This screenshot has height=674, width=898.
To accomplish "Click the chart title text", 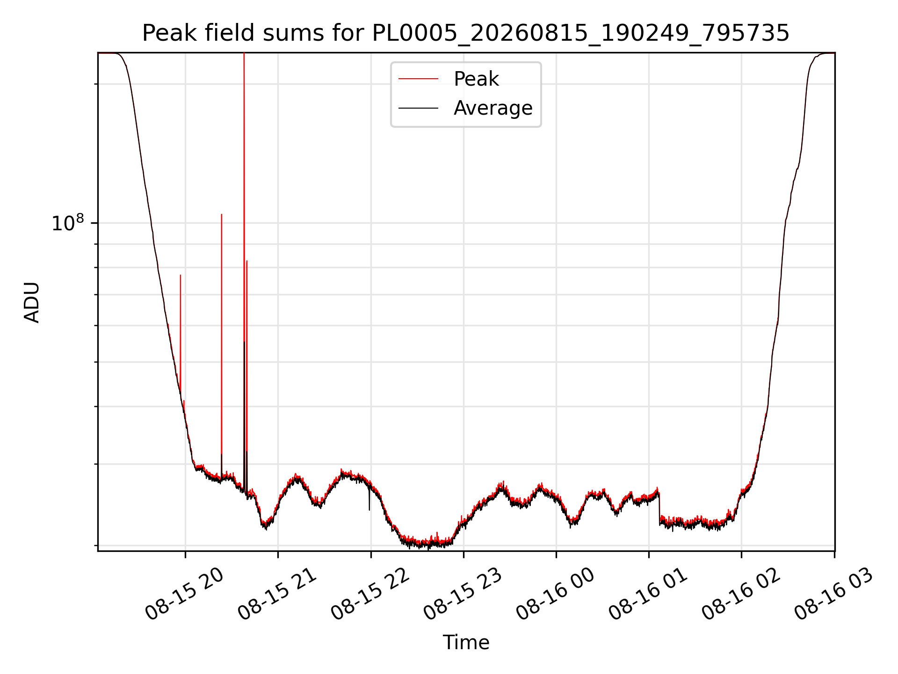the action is [465, 33].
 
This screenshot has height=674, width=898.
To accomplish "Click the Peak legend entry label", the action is [476, 79].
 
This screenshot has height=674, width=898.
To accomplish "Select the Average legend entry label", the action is [493, 108].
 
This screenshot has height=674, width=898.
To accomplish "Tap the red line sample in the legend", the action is [418, 79].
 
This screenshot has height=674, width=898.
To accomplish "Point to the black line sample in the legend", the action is [418, 108].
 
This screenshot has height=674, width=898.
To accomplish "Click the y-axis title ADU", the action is [32, 302].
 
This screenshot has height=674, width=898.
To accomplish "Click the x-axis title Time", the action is [466, 643].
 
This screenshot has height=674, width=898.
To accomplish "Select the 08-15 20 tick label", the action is [185, 594].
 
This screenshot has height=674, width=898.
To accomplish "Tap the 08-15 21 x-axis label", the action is [278, 594].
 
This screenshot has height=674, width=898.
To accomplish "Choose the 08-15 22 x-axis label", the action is [370, 594].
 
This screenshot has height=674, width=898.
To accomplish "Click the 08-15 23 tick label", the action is [463, 594].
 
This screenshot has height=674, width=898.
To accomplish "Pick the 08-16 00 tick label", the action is [556, 594].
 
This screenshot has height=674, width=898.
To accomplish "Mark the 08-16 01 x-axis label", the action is [648, 594].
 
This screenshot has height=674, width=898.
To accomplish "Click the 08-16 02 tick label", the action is [741, 594].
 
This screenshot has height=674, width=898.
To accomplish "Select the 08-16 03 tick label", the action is [834, 594].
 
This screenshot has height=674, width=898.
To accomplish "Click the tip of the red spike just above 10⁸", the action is [222, 214].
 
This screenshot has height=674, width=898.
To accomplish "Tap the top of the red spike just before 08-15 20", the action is [181, 275].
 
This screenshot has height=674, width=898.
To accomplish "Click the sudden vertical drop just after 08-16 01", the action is [659, 508].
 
